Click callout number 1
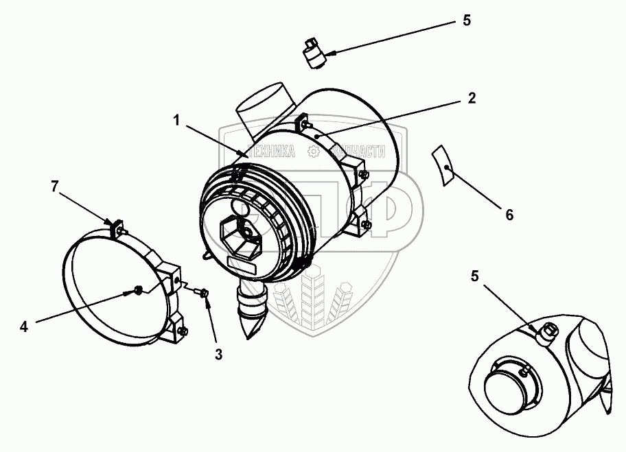click(x=176, y=121)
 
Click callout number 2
click(x=471, y=97)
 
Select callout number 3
click(x=219, y=355)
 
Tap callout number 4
click(x=24, y=326)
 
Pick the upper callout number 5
click(x=466, y=20)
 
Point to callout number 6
click(x=509, y=214)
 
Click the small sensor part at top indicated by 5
click(x=316, y=53)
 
